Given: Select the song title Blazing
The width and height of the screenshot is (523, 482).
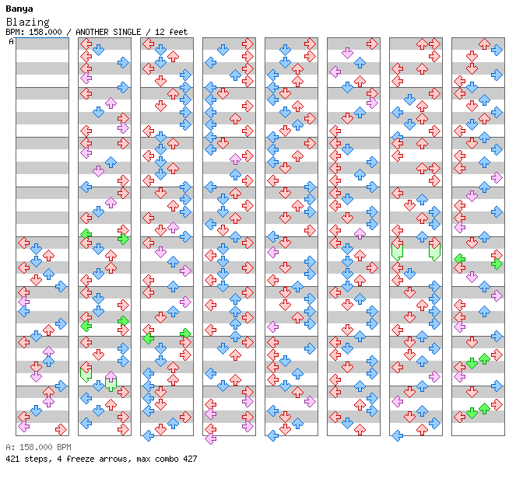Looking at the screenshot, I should pos(27,23).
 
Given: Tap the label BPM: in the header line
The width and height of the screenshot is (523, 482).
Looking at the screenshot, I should pos(14,33).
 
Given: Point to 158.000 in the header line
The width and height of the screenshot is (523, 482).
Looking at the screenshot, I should pos(44,33).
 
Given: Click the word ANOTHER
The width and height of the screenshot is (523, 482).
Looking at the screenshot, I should pos(90,33).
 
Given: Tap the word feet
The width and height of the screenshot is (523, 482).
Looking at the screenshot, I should pos(177,33).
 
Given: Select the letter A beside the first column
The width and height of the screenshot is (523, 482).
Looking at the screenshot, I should pos(12,42).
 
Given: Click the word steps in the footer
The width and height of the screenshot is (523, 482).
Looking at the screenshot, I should pos(36,459).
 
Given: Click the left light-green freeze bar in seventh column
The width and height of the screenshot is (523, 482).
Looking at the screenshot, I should pos(397,250).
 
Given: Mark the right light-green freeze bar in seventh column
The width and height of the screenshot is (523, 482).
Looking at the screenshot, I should pos(434,250).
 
